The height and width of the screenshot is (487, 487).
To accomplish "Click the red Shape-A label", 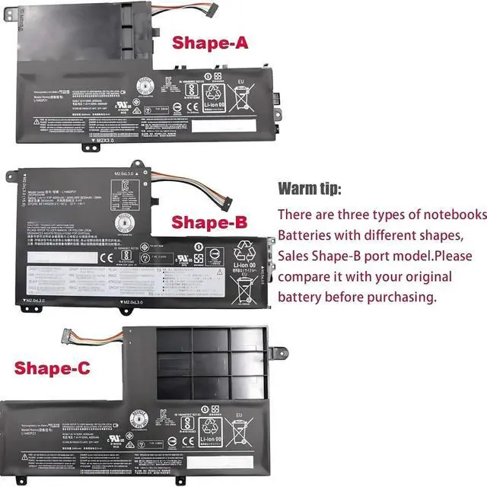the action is [x=210, y=43].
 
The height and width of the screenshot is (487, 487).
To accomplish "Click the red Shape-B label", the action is [x=209, y=222].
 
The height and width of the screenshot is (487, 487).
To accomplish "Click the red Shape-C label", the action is [x=52, y=368].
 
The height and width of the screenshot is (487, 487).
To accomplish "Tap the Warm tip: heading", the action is [x=310, y=188].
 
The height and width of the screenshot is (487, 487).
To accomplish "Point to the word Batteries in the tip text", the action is [x=309, y=234].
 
